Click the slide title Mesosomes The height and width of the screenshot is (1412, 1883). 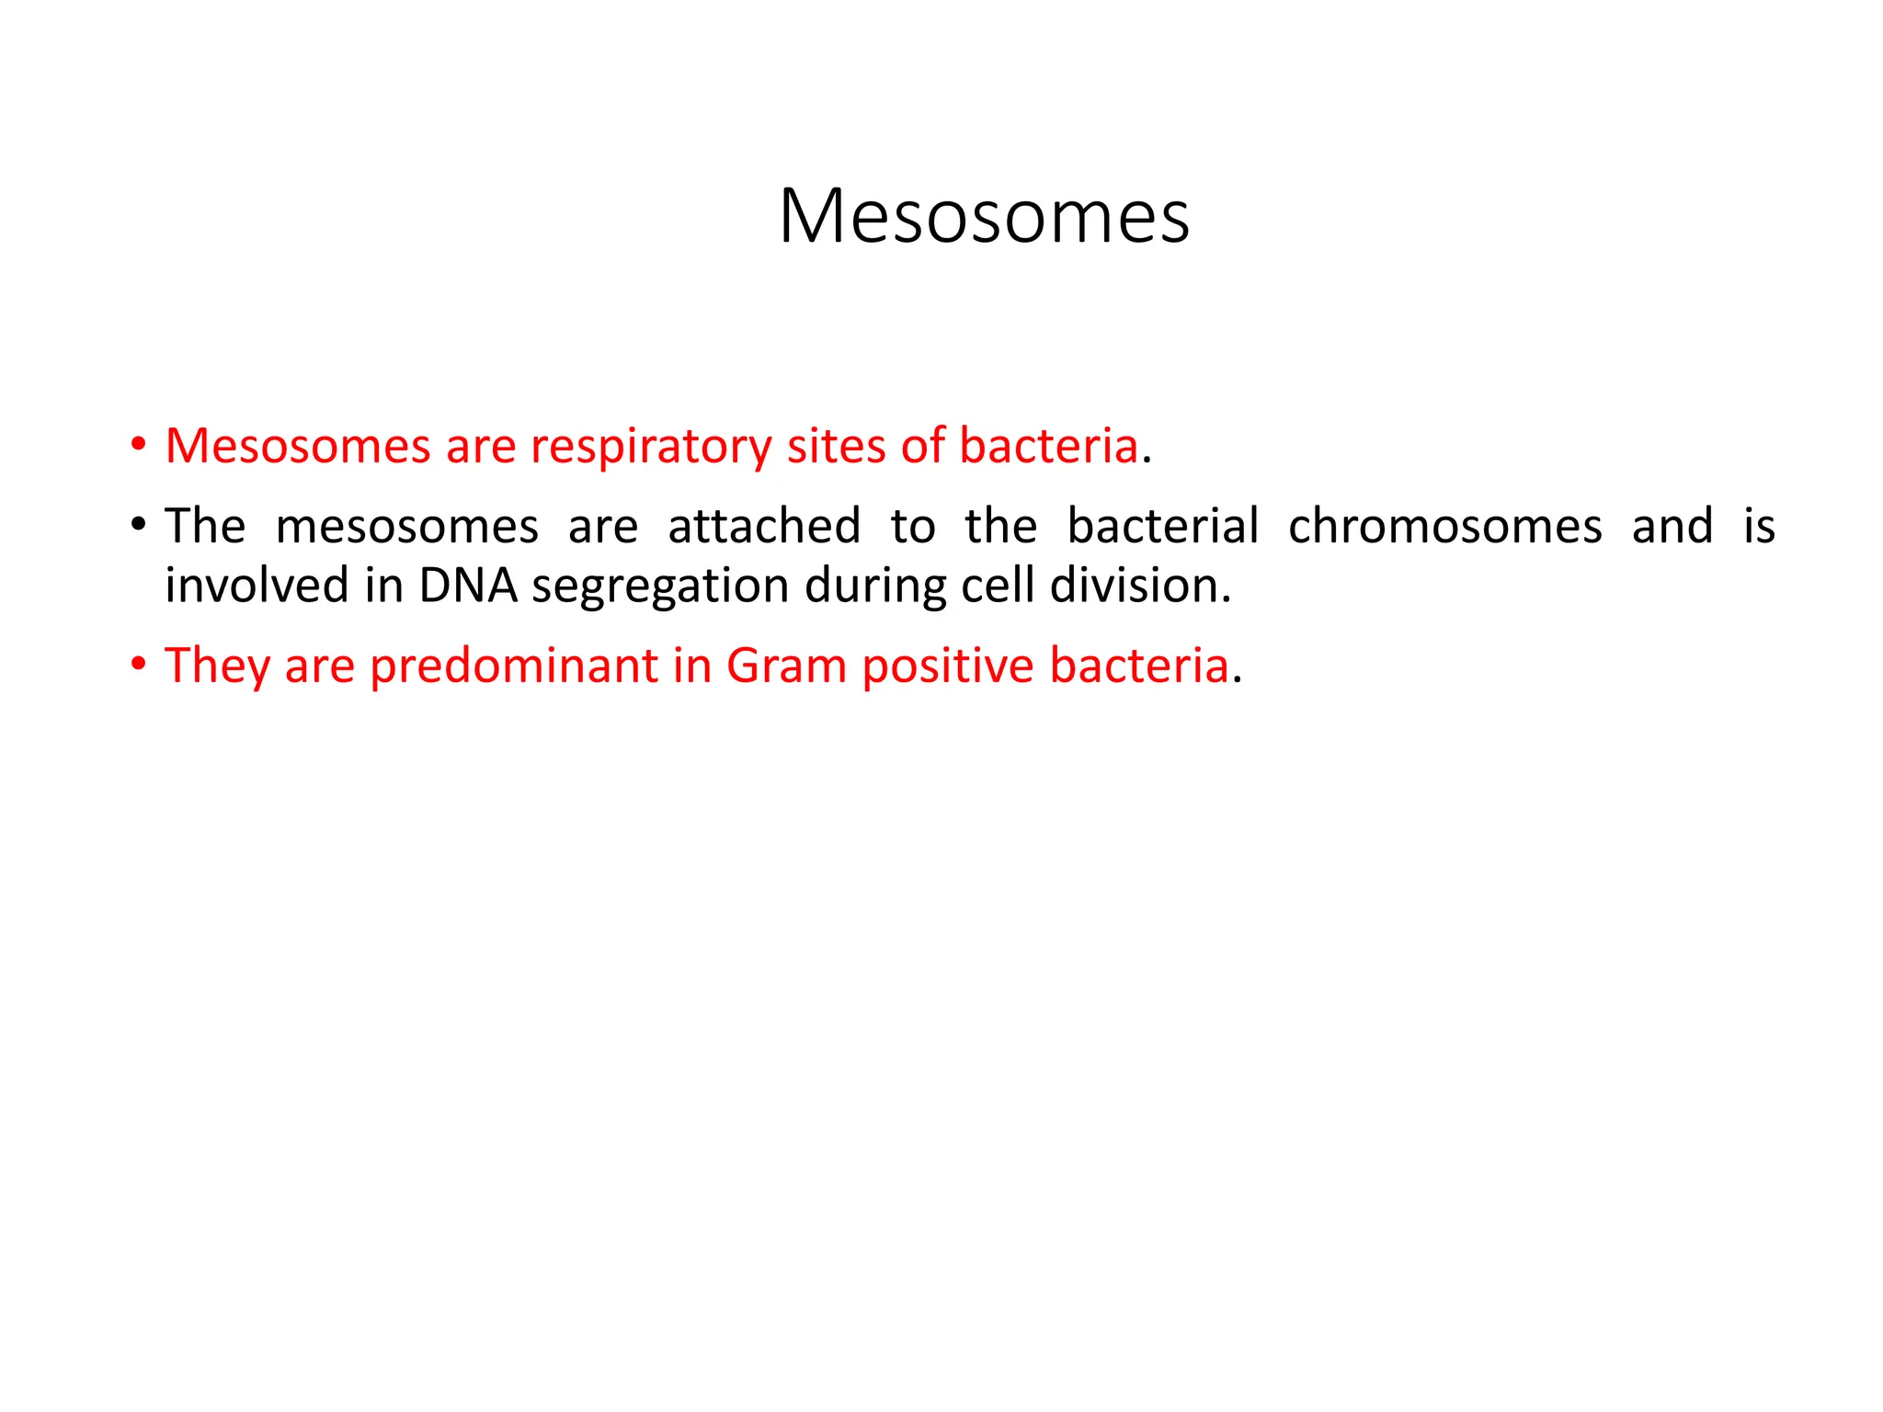coord(984,217)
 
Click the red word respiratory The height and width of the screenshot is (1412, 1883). coord(651,448)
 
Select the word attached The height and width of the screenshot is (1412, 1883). coord(764,527)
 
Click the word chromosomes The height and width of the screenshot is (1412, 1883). coord(1445,527)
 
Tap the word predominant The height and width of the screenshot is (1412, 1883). coord(514,666)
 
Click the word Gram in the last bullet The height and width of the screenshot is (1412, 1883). coord(786,666)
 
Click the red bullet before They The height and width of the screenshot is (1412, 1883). coord(138,664)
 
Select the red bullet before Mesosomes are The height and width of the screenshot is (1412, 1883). coord(138,445)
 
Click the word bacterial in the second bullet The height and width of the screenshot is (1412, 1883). coord(1162,527)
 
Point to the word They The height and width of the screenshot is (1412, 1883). coord(217,666)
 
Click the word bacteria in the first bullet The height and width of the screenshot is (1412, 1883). coord(1048,446)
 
